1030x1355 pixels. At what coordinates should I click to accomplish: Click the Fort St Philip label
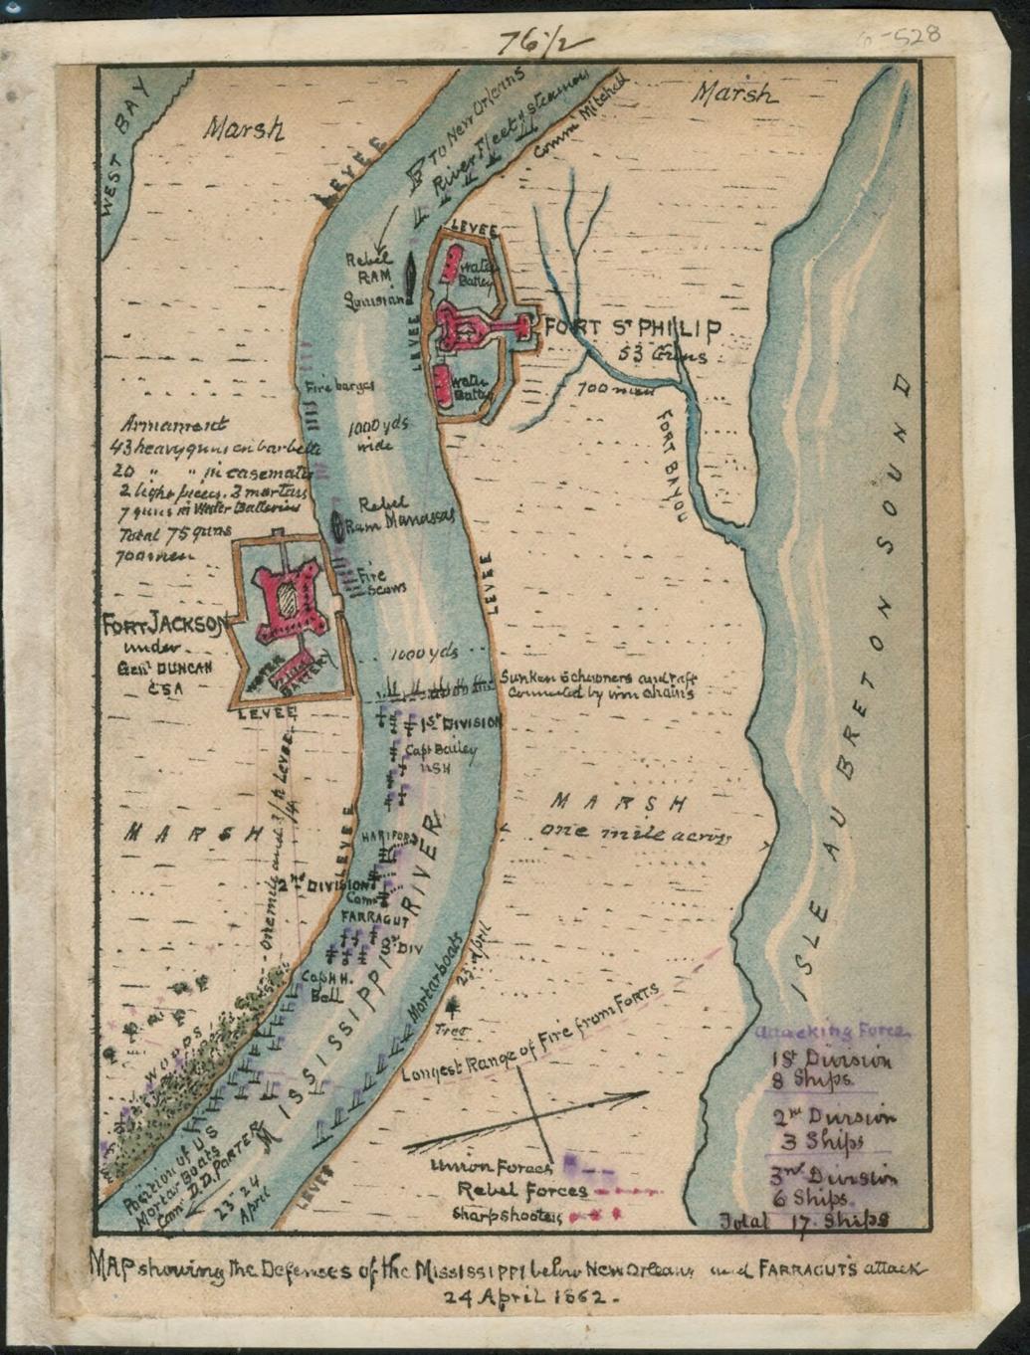tap(630, 330)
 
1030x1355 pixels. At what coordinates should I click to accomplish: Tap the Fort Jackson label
tap(166, 626)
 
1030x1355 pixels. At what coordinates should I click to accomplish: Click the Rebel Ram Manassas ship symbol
tap(338, 525)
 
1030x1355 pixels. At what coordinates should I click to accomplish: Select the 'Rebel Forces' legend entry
tap(521, 1189)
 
